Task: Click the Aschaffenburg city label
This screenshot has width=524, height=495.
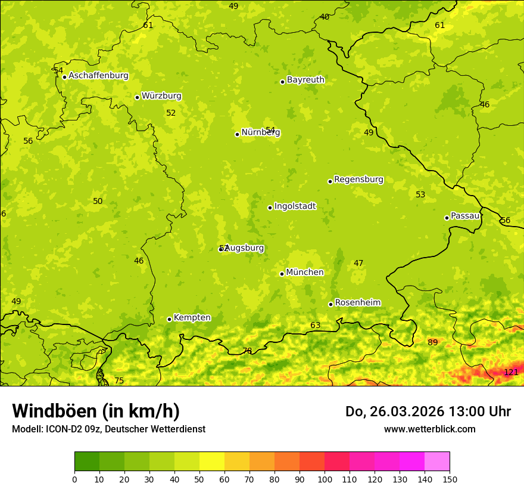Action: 98,76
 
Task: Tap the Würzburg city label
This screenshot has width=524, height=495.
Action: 161,96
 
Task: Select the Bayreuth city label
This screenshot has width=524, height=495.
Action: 305,80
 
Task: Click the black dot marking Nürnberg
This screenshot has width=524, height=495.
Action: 237,134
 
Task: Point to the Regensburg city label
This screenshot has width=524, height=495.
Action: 358,180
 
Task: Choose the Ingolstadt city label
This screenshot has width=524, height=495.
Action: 295,206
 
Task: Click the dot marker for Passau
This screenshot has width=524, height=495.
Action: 447,218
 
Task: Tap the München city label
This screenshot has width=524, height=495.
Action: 305,273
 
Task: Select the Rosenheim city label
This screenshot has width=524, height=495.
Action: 357,303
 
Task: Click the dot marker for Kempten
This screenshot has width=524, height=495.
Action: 169,319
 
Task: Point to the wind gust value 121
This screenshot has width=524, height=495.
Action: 511,373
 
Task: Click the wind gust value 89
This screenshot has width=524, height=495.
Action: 433,342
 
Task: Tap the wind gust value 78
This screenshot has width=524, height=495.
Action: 247,351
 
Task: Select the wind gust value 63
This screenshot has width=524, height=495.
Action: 316,325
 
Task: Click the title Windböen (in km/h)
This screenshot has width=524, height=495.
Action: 96,411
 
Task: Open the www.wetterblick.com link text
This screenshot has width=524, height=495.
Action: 429,429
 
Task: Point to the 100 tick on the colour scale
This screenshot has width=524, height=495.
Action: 325,479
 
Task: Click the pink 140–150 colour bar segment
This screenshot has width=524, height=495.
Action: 437,462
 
